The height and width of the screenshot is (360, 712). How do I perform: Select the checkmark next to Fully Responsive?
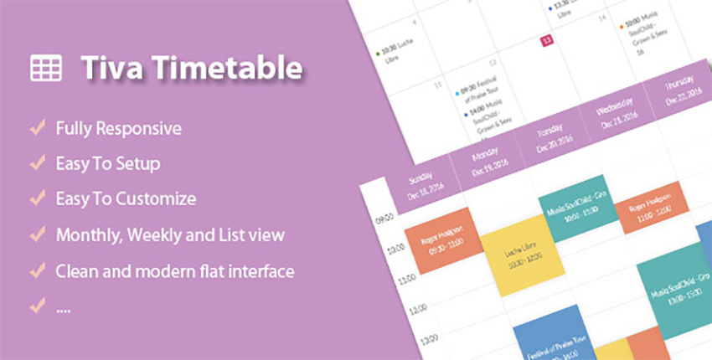coord(37,129)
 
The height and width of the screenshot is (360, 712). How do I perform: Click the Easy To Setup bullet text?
coord(107,163)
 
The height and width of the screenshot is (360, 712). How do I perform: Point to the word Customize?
coord(156,199)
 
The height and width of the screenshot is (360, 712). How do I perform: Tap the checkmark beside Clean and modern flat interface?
coord(37,271)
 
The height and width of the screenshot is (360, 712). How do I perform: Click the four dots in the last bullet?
coord(64,307)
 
